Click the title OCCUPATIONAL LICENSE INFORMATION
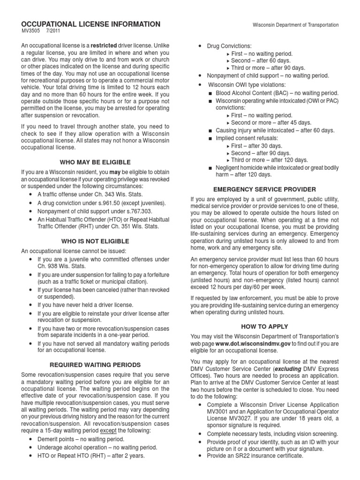(91, 24)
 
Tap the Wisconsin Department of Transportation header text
(295, 25)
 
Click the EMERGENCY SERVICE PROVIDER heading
(264, 189)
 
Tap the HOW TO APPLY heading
(264, 326)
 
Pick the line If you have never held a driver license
(85, 305)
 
